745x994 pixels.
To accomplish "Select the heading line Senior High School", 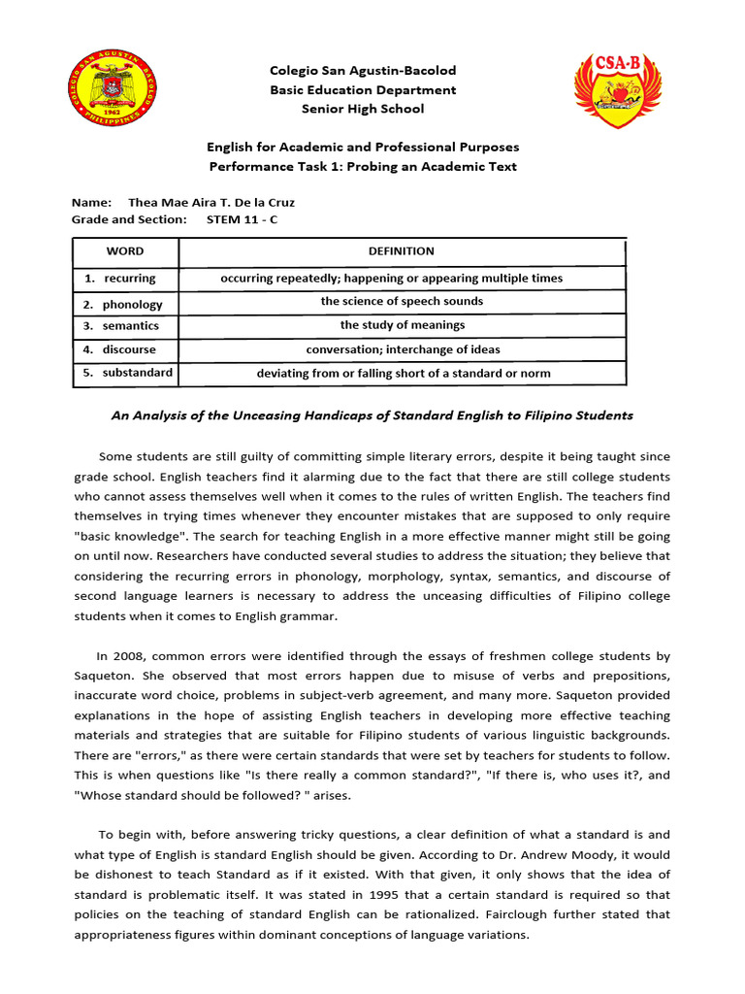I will click(x=363, y=109).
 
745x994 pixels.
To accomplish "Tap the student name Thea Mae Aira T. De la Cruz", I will click(x=211, y=202).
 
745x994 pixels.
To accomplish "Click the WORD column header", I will click(x=125, y=251).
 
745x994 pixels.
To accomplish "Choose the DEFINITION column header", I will click(x=402, y=251).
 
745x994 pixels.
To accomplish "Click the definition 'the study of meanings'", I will click(x=402, y=325).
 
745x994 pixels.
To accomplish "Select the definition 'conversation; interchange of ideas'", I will click(x=403, y=349).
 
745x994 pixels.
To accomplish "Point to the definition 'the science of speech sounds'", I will click(x=402, y=301).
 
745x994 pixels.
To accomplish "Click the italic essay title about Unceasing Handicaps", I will click(x=372, y=415).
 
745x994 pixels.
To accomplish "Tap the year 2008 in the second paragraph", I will click(x=134, y=657).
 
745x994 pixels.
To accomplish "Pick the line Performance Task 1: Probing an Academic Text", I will click(x=363, y=166).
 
